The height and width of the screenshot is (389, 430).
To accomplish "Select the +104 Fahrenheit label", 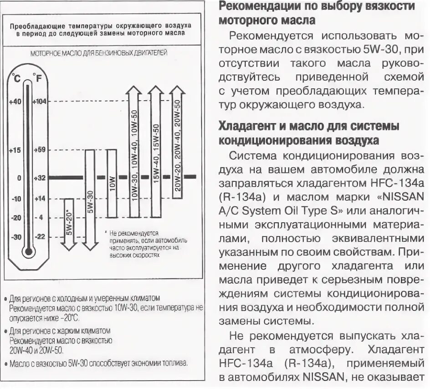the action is point(40,102).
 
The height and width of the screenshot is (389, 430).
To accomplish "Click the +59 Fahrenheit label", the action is point(40,150).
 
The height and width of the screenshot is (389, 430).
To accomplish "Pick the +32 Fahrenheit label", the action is point(40,178).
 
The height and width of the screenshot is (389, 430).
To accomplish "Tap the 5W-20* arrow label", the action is point(69,223).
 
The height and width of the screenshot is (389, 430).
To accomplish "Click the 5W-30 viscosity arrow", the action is point(90,200).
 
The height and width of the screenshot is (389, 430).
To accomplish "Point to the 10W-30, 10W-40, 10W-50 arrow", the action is point(134,155).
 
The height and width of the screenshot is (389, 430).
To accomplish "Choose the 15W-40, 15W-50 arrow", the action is point(156,150).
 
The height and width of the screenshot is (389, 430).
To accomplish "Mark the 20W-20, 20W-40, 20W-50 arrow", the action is point(177,146).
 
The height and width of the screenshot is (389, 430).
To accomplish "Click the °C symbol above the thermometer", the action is point(17,77).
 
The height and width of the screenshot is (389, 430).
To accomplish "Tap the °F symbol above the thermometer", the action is point(40,77).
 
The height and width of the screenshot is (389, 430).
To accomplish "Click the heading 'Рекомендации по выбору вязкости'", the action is point(317,6).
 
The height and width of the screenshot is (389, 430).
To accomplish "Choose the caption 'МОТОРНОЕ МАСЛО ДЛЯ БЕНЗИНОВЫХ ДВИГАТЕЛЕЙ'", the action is point(99,53).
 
